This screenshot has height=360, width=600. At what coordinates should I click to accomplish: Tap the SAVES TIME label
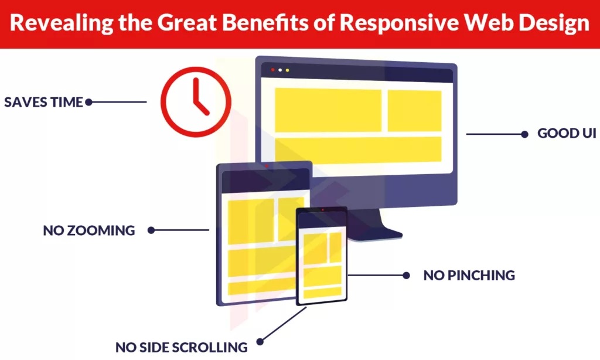tap(43, 102)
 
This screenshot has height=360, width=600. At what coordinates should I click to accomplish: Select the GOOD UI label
tap(567, 134)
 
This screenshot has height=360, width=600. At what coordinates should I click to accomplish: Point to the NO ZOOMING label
tap(89, 230)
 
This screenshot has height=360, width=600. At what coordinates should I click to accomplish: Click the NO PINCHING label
tap(469, 275)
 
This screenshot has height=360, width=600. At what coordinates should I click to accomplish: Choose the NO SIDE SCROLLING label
tap(181, 347)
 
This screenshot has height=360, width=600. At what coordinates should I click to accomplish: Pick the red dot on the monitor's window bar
tap(272, 70)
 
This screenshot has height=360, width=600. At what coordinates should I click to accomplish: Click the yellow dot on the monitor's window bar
tap(287, 70)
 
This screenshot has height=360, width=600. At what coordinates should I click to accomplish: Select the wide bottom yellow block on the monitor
tap(358, 149)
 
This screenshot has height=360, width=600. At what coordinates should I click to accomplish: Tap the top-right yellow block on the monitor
tap(414, 111)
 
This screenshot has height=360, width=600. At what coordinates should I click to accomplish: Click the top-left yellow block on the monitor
tap(328, 110)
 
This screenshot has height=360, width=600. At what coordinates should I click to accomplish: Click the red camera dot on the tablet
tap(267, 166)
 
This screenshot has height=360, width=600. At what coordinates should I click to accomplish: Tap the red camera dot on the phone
tap(322, 209)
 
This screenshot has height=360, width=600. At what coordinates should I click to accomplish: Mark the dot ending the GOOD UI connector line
tap(524, 134)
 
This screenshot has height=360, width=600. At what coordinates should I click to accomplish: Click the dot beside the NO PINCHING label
tap(405, 275)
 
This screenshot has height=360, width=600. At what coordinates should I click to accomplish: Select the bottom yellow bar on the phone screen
tap(322, 291)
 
